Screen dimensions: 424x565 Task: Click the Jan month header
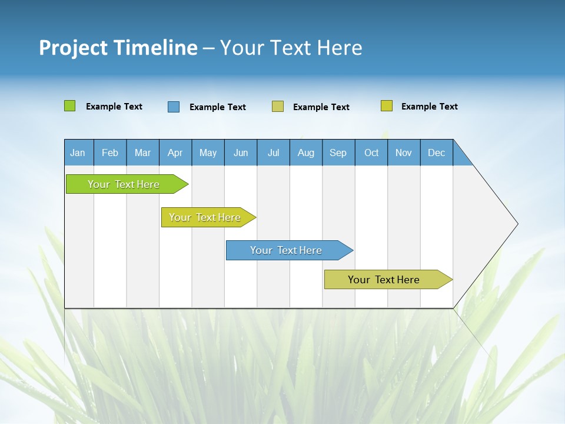coord(78,153)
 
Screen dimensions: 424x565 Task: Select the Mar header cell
coord(142,153)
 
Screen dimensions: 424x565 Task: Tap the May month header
coord(208,153)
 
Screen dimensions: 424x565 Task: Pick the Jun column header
coord(241,153)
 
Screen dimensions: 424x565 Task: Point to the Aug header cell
coord(305,153)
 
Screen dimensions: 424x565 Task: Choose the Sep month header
coord(338,153)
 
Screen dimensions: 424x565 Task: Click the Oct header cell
coord(371,153)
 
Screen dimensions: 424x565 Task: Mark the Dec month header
coord(436,153)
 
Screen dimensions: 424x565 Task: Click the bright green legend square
coord(69,106)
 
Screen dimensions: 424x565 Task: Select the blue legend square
coord(173,107)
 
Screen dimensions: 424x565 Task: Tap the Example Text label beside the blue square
coord(217,107)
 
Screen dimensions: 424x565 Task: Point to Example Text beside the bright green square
coord(114,107)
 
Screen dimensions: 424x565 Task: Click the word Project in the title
coord(72,48)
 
